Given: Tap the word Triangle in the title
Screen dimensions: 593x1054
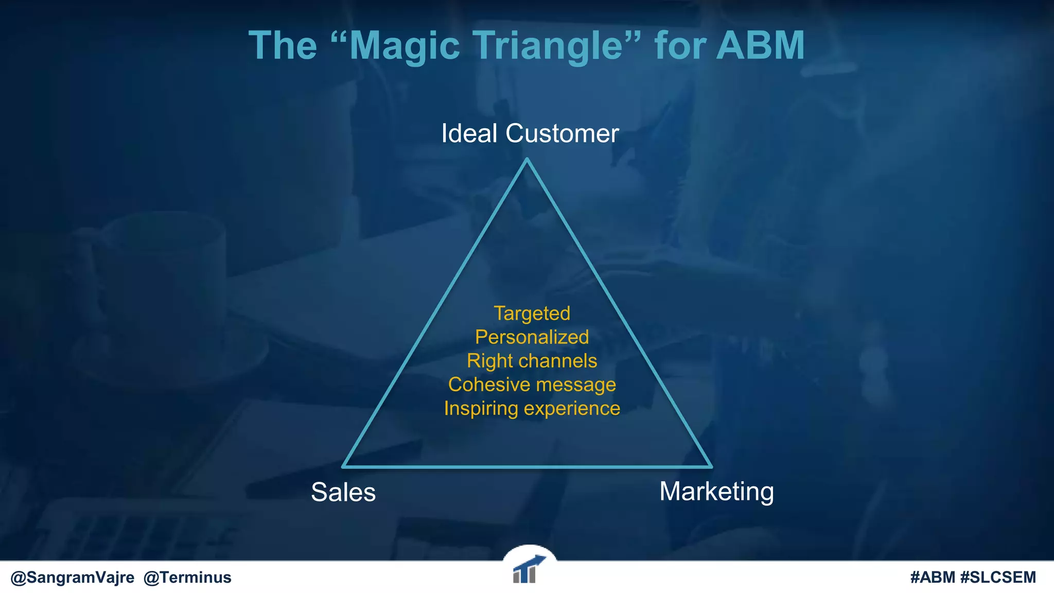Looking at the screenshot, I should [x=548, y=46].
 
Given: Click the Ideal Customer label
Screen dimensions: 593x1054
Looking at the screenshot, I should [x=530, y=134].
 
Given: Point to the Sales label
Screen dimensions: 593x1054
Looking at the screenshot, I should [x=343, y=492].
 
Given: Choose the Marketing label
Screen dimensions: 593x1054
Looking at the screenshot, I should [x=716, y=492].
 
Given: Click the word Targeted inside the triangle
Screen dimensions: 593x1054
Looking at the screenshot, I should [x=532, y=313].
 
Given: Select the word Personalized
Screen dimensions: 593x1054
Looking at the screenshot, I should [x=532, y=337].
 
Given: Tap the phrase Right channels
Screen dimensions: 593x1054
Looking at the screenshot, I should [x=532, y=361].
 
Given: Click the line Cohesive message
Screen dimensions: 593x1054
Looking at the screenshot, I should [x=532, y=385].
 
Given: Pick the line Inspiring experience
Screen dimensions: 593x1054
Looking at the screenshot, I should [x=532, y=408].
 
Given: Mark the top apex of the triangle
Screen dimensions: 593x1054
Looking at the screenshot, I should [x=526, y=161].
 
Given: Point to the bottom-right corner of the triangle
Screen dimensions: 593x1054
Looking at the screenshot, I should [x=711, y=466].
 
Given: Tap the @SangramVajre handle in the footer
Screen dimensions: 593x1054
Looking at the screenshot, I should [x=73, y=578].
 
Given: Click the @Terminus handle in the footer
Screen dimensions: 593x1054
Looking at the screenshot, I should [x=187, y=578].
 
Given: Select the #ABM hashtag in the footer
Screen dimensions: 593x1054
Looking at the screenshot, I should [x=933, y=578].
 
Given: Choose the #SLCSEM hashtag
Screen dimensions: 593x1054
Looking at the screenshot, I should [x=998, y=578].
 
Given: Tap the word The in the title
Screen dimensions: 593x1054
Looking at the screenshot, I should [x=283, y=46].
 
